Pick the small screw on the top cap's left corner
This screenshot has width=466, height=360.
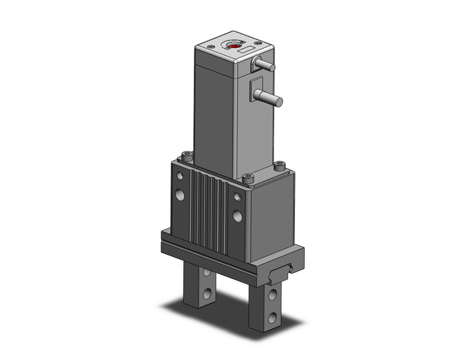(x=210, y=45)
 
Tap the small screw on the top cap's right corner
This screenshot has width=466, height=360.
(x=259, y=42)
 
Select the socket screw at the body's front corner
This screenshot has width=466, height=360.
(x=248, y=178)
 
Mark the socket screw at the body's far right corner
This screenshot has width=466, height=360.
(x=280, y=164)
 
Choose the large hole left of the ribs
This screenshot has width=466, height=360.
(x=180, y=195)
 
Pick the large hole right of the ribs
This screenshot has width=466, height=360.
(x=237, y=216)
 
